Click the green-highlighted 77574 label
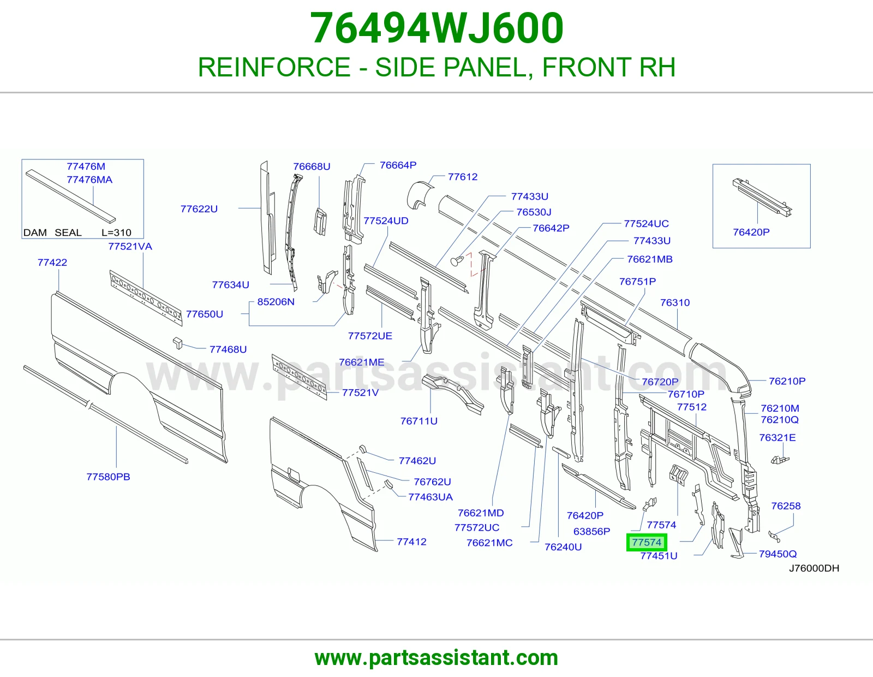tap(647, 542)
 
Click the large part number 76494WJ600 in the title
tap(436, 28)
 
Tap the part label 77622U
tap(199, 209)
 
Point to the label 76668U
tap(312, 167)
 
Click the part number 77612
tap(463, 176)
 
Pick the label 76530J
tap(534, 212)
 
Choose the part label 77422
tap(52, 262)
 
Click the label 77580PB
tap(108, 477)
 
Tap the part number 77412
tap(411, 542)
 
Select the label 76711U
tap(418, 421)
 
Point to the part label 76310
tap(675, 302)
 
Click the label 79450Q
tap(778, 554)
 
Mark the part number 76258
tap(786, 506)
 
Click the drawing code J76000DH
tap(814, 568)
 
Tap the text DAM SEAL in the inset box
tap(52, 233)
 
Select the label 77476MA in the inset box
tap(89, 179)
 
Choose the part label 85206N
tap(276, 301)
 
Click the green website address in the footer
tap(436, 658)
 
